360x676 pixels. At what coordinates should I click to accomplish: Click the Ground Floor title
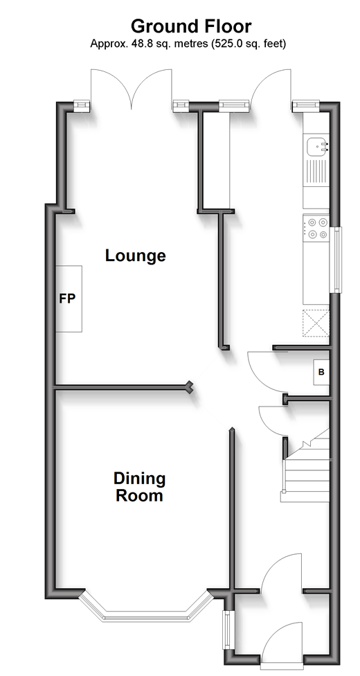click(191, 26)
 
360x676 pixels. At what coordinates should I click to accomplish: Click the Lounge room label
click(136, 256)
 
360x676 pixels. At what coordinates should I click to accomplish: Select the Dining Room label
click(139, 487)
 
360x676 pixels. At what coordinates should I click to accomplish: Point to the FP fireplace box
click(69, 299)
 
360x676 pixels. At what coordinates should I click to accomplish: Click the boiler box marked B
click(321, 372)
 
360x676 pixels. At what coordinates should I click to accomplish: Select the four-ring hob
click(316, 229)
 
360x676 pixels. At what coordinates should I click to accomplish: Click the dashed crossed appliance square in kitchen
click(316, 323)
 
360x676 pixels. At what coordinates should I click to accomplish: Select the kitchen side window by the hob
click(336, 260)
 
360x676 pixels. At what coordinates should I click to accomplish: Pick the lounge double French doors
click(131, 89)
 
